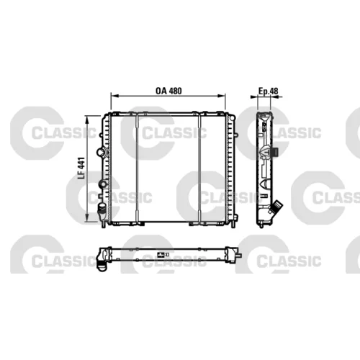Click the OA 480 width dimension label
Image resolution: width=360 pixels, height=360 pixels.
168,91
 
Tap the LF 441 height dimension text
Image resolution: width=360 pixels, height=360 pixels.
81,168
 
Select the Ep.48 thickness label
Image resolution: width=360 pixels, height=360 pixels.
268,91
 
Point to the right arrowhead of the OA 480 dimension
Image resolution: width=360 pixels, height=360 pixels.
222,96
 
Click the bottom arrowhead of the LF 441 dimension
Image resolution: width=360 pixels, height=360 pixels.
88,218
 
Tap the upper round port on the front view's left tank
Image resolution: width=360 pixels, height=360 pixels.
101,152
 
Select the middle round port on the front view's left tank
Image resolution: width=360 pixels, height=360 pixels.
102,184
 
